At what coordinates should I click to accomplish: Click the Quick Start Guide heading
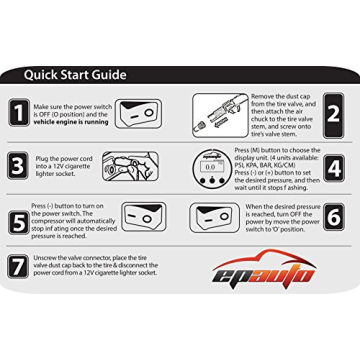tap(75, 74)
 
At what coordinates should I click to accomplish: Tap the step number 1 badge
tap(18, 113)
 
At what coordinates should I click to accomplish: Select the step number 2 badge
tap(333, 113)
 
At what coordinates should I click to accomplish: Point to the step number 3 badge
tap(18, 165)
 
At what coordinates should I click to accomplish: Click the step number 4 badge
tap(333, 165)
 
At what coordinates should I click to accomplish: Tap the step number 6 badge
tap(333, 217)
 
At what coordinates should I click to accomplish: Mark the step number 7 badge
tap(18, 267)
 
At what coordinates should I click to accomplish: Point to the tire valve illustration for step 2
tap(219, 112)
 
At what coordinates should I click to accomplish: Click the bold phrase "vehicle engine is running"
tap(71, 122)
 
